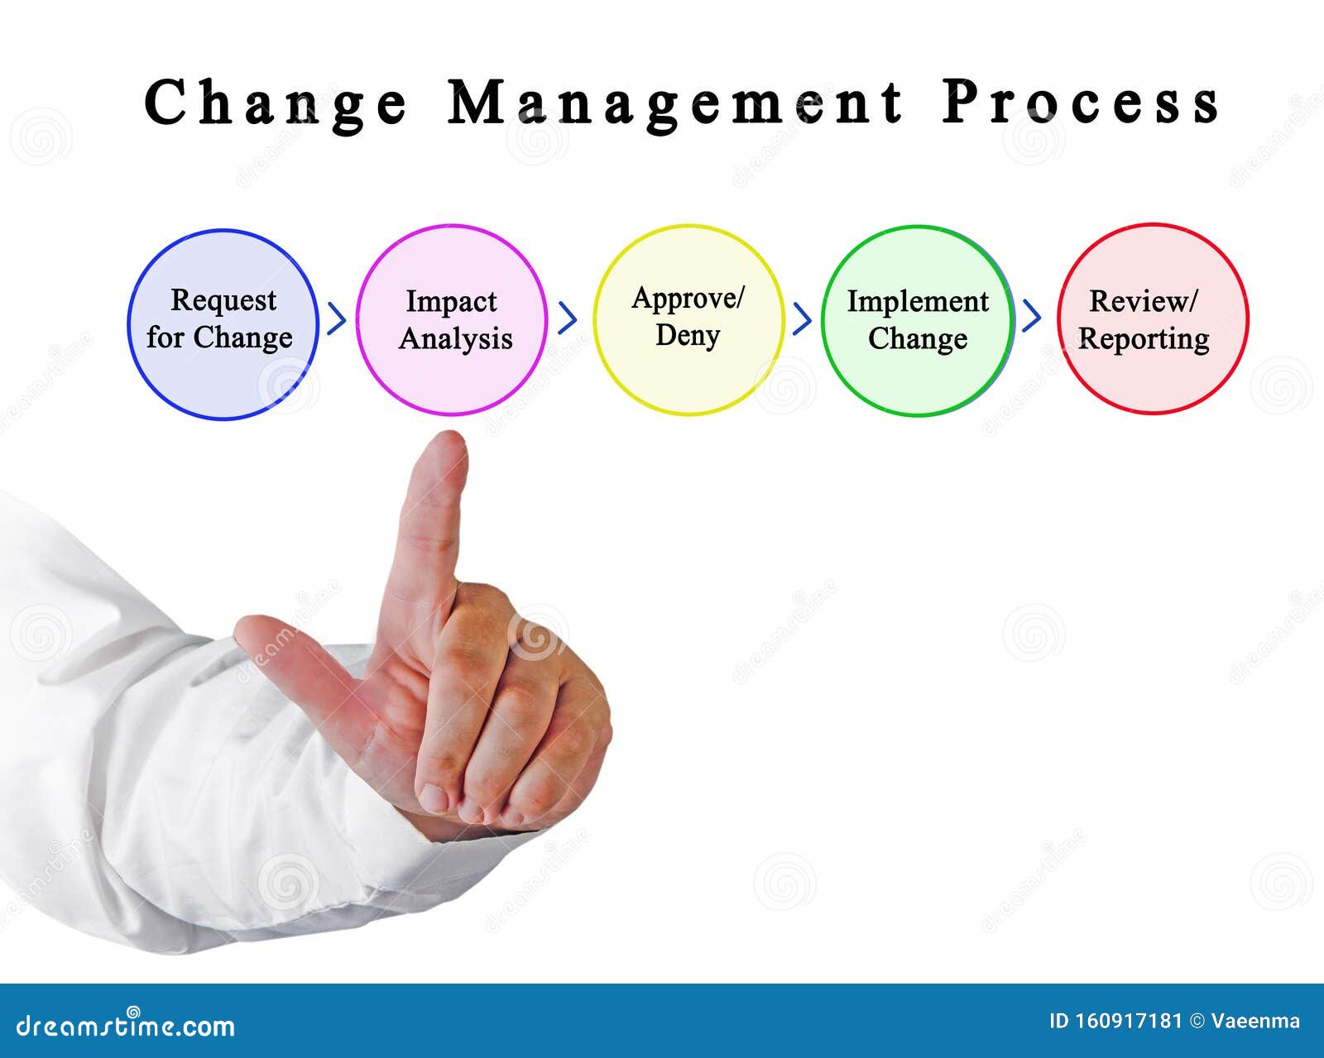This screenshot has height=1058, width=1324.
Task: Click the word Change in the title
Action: pyautogui.click(x=276, y=103)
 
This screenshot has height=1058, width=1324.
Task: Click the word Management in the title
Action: pyautogui.click(x=675, y=103)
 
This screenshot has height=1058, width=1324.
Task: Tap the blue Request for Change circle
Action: pyautogui.click(x=223, y=323)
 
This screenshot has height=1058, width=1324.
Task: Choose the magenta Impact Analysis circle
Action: pyautogui.click(x=451, y=319)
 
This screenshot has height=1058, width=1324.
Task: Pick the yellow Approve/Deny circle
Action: pyautogui.click(x=688, y=319)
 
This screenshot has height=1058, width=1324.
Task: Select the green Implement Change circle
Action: pyautogui.click(x=917, y=320)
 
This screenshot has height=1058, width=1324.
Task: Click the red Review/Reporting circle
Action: pyautogui.click(x=1152, y=318)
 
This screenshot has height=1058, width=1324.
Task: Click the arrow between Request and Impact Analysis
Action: pyautogui.click(x=336, y=318)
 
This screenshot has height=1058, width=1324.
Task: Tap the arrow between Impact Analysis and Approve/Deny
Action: pyautogui.click(x=567, y=318)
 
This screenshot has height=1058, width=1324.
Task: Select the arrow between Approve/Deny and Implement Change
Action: pyautogui.click(x=801, y=318)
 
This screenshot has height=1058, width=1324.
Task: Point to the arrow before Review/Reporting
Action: pyautogui.click(x=1031, y=315)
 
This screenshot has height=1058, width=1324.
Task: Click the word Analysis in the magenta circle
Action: pyautogui.click(x=455, y=339)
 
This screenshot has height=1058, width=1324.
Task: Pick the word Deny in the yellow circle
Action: pyautogui.click(x=687, y=336)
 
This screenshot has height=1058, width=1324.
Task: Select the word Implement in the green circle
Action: pyautogui.click(x=917, y=302)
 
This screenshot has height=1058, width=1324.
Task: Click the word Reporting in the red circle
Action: pyautogui.click(x=1144, y=339)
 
